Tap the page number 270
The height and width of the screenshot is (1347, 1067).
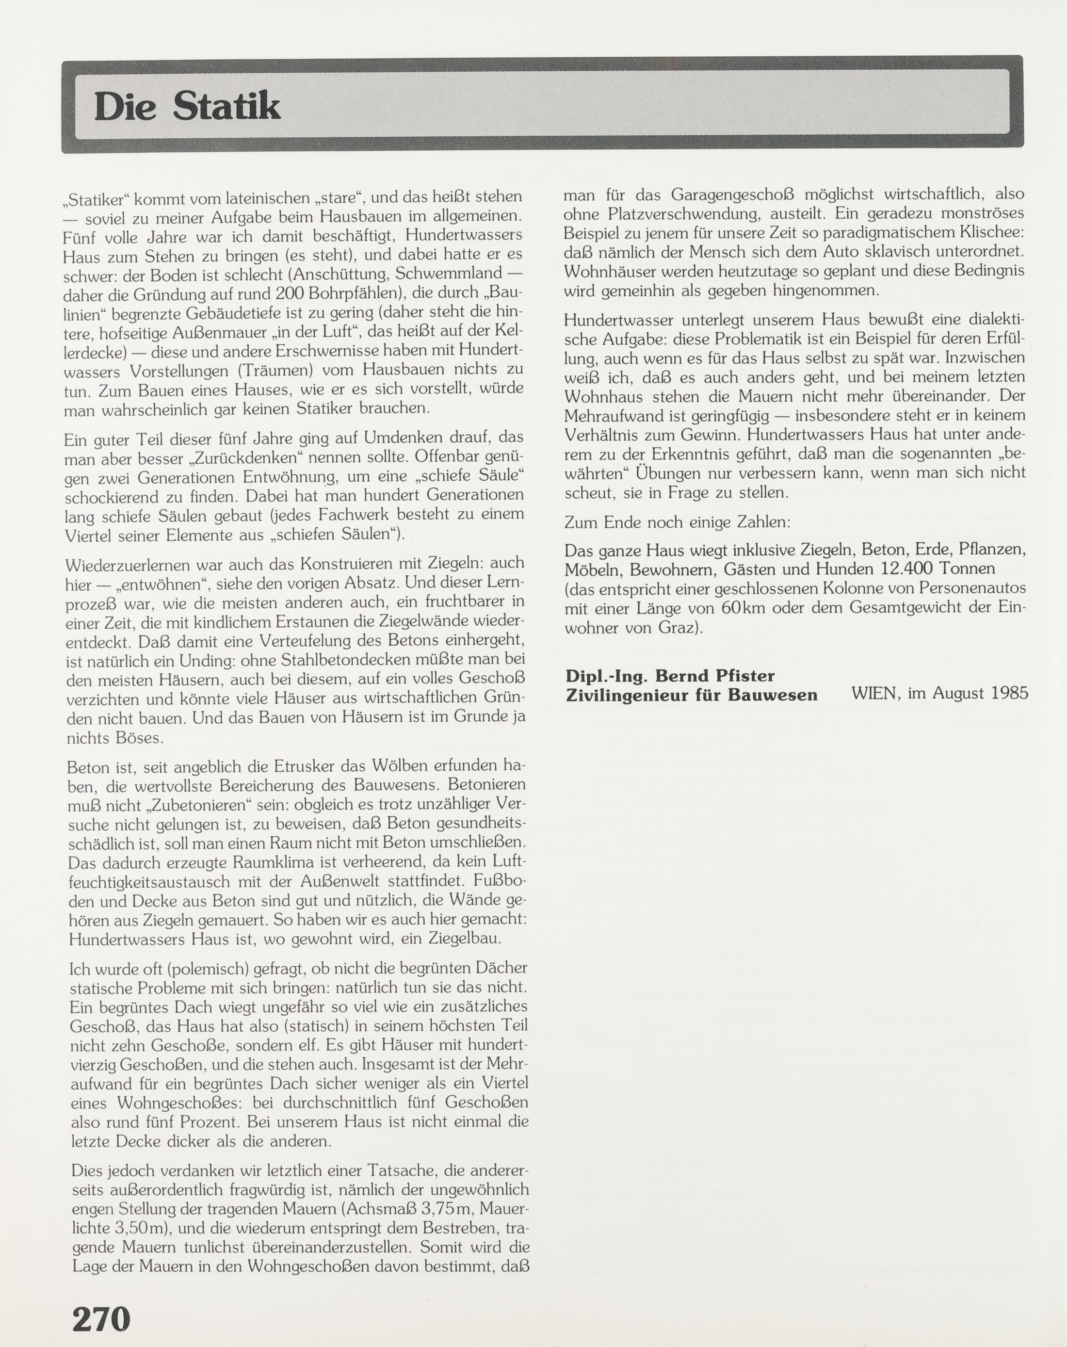tap(101, 1319)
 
